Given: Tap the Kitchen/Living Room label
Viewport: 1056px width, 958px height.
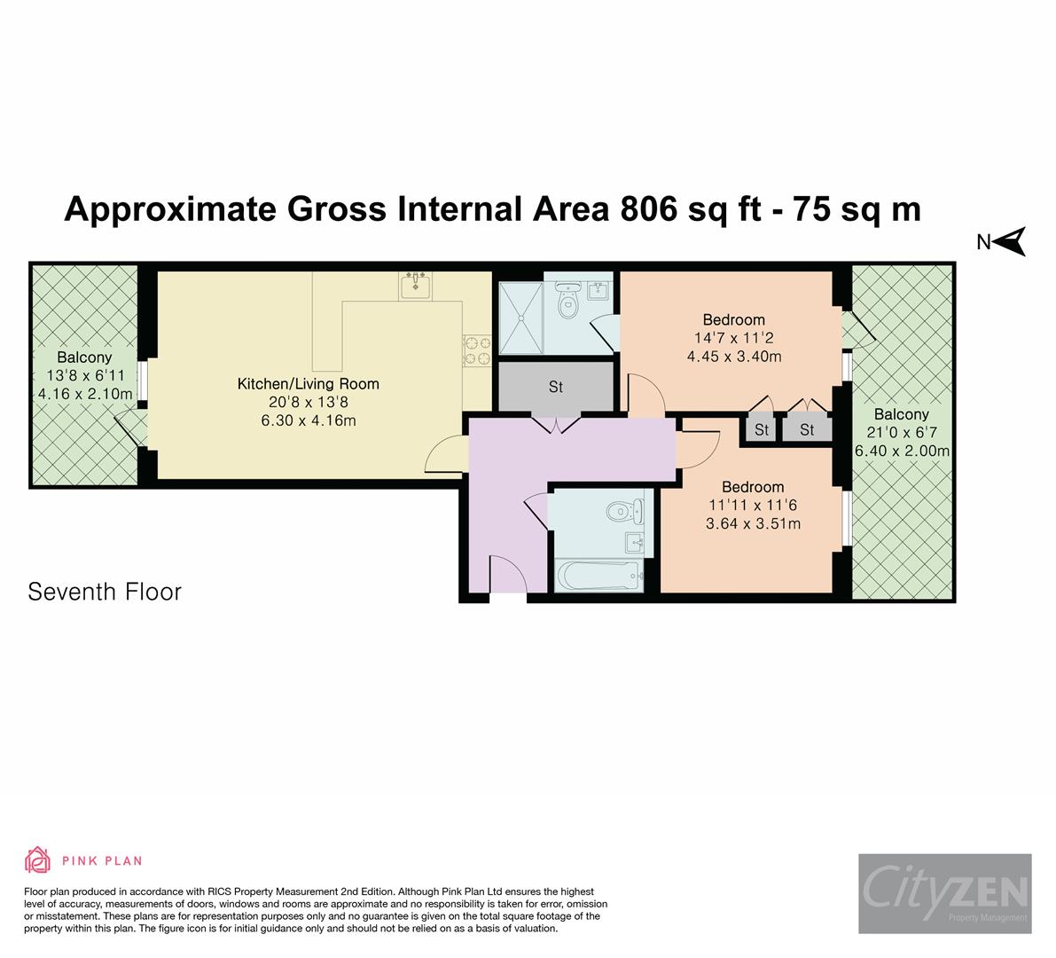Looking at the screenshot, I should point(308,384).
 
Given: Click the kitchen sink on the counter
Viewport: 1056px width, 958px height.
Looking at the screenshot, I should point(415,286).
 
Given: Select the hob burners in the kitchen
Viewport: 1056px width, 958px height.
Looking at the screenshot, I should point(477,350).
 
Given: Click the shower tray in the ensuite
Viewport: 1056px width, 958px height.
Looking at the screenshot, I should point(520,318).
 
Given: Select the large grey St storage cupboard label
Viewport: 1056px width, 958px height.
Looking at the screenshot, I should point(556,387).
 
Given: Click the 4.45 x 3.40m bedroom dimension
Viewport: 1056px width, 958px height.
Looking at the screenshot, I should point(734,357).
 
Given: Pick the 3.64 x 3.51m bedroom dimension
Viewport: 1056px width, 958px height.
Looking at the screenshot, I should point(753,523).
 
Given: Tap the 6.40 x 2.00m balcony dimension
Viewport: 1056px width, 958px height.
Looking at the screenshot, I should point(902,451).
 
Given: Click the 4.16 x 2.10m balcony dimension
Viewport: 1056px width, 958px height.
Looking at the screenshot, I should point(84,394).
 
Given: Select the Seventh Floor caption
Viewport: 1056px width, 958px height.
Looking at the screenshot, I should point(105,592).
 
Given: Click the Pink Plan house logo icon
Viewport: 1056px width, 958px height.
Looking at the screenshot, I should point(37,860).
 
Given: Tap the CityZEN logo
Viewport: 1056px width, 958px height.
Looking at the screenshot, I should point(944,893).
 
